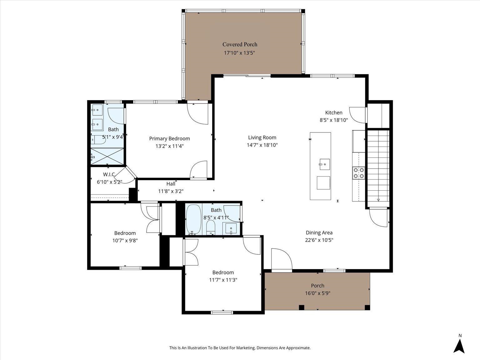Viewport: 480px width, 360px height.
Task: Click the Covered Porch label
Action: click(x=240, y=44)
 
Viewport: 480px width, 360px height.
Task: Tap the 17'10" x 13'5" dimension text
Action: click(x=239, y=53)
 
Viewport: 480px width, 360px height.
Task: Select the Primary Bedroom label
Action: click(x=169, y=138)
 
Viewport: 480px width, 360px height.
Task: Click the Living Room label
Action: click(x=262, y=137)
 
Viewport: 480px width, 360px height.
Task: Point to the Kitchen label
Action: click(x=333, y=112)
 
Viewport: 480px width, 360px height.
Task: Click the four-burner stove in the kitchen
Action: click(x=358, y=173)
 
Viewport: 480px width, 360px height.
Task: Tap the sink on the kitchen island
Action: click(x=324, y=164)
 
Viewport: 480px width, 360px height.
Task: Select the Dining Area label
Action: click(x=319, y=232)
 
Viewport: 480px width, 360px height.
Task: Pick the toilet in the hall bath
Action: click(x=211, y=227)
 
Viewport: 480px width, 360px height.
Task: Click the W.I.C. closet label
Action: click(x=109, y=174)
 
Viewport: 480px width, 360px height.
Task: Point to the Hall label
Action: click(x=171, y=184)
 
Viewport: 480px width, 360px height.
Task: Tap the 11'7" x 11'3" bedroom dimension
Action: click(x=223, y=280)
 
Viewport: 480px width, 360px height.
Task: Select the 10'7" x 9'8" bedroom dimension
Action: click(x=125, y=241)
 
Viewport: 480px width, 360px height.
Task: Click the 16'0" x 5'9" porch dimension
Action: click(x=317, y=293)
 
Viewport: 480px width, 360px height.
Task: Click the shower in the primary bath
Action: click(x=107, y=156)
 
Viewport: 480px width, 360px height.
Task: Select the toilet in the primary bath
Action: click(x=98, y=140)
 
